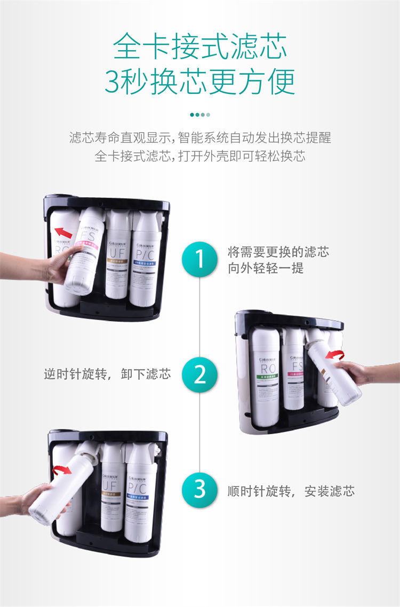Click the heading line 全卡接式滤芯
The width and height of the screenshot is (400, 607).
200,46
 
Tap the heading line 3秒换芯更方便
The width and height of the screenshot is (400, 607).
200,81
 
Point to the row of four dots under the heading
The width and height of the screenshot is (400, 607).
200,114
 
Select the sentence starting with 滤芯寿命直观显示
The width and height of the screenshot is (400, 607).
200,138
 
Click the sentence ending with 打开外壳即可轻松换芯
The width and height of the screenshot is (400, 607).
200,157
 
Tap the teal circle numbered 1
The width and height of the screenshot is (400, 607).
199,259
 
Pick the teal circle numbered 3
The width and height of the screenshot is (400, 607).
199,490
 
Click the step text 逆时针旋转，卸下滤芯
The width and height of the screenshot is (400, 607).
107,374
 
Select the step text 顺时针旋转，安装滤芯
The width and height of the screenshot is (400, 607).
291,490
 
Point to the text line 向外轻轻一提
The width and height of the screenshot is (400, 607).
266,268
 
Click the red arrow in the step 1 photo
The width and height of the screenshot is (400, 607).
63,233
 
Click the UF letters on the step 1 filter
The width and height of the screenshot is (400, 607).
117,250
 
